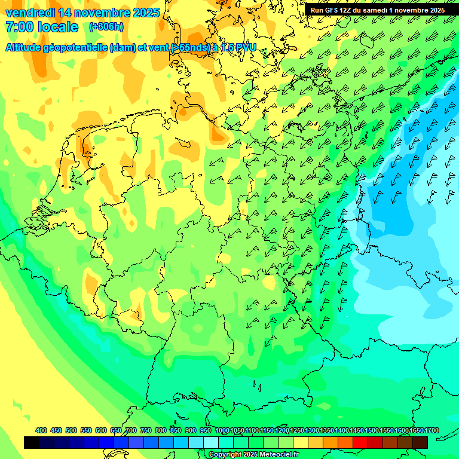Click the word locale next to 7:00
58,27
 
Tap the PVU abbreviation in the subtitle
244,47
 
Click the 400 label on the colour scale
41,430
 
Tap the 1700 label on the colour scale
416,430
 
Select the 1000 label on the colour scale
222,430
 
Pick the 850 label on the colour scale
176,430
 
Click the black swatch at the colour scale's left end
32,442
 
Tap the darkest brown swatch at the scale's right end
420,442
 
